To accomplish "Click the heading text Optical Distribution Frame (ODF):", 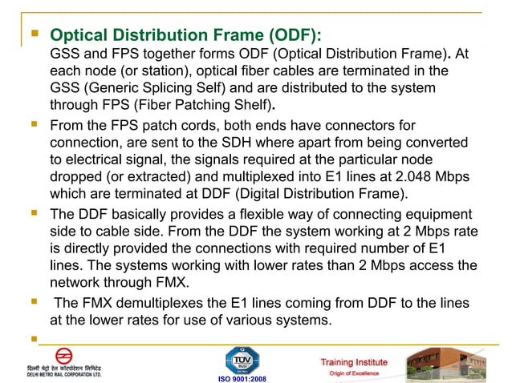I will click(x=185, y=36).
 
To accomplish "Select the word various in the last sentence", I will click(x=252, y=321).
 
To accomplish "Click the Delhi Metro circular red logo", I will click(x=64, y=356).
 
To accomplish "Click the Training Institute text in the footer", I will click(x=354, y=362).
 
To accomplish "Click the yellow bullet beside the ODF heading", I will click(x=34, y=34).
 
